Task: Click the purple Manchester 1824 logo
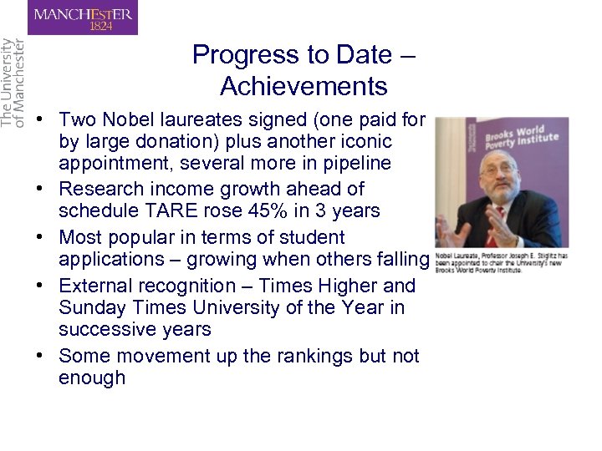tap(83, 18)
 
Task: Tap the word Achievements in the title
tap(304, 86)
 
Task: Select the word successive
tap(107, 329)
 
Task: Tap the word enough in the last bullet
tap(92, 378)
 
